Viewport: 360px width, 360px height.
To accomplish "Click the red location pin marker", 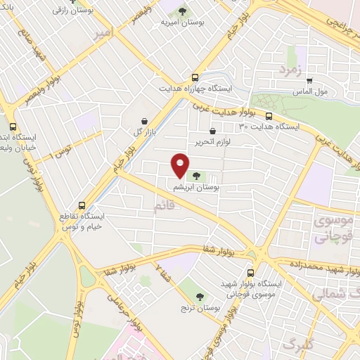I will (181, 165).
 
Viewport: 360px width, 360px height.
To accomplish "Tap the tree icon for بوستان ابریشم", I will (194, 176).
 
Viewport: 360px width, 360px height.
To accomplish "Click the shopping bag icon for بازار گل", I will (143, 121).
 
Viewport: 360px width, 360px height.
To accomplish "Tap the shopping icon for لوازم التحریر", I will (212, 130).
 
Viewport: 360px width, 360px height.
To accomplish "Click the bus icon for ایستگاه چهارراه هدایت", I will (195, 78).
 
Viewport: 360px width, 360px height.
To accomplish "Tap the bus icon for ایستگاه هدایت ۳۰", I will (268, 115).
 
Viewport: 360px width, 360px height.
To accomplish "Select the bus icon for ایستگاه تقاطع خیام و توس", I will (83, 206).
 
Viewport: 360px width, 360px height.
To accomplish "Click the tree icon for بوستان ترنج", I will (200, 297).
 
